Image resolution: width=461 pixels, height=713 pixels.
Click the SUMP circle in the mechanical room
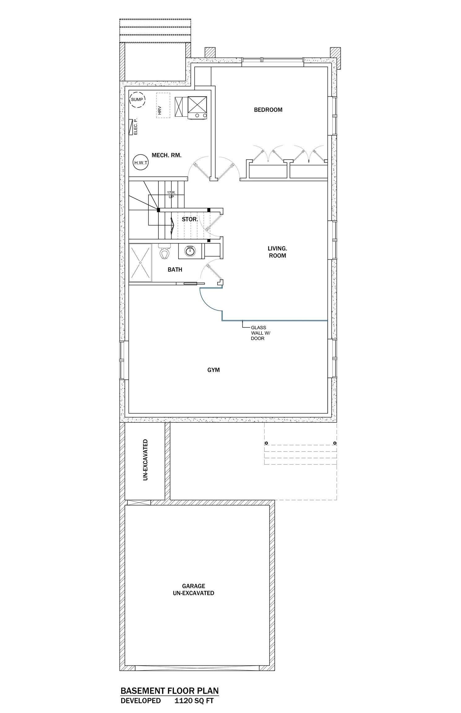tap(137, 99)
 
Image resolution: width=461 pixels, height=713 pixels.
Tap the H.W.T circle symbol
tap(141, 162)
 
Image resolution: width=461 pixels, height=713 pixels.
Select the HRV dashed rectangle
tap(163, 105)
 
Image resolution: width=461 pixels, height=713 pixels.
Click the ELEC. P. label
tap(135, 127)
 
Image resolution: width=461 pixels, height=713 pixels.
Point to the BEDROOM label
tap(268, 110)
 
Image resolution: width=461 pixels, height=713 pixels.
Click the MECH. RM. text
tap(166, 155)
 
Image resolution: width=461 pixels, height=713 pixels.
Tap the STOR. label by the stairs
tap(190, 219)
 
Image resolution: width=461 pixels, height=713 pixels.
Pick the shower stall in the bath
tap(140, 263)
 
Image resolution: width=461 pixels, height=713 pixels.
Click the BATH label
tap(175, 270)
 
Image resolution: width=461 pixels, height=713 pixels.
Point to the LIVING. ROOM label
tap(277, 252)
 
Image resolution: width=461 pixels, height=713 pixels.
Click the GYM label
tap(213, 370)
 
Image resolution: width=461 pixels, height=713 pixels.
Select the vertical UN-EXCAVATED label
tap(145, 460)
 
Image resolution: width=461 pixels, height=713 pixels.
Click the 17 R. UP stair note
tap(171, 194)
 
